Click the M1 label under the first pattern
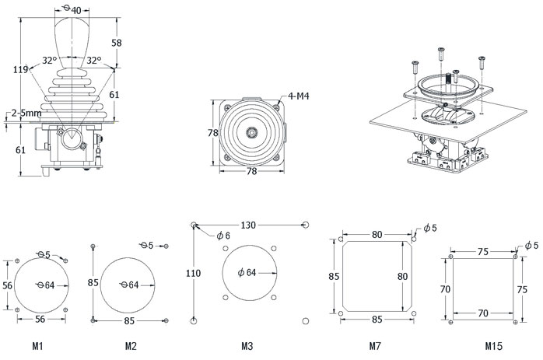[38, 344]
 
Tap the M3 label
[247, 344]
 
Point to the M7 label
[377, 344]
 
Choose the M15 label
[493, 344]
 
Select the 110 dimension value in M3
[192, 272]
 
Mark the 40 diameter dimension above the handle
[73, 10]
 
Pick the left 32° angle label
[48, 60]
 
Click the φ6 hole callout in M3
[223, 236]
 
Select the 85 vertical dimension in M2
[93, 282]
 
